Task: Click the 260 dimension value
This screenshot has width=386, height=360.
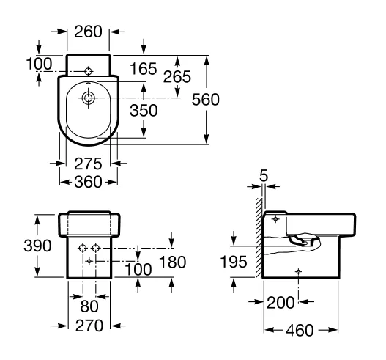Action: pyautogui.click(x=88, y=32)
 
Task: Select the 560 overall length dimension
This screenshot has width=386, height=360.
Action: pyautogui.click(x=206, y=100)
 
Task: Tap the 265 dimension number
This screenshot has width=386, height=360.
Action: pyautogui.click(x=177, y=77)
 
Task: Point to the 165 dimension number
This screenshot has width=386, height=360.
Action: pyautogui.click(x=144, y=68)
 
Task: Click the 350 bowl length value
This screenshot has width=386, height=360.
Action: pyautogui.click(x=144, y=110)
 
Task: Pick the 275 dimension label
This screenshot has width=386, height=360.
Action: pyautogui.click(x=88, y=164)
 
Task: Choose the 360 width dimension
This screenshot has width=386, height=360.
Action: pyautogui.click(x=88, y=182)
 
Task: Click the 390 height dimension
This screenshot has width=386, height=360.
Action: pyautogui.click(x=37, y=246)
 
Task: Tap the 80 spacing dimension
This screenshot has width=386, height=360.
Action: pyautogui.click(x=89, y=306)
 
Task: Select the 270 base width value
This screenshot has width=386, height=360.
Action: pyautogui.click(x=89, y=326)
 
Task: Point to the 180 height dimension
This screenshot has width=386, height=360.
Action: pyautogui.click(x=173, y=262)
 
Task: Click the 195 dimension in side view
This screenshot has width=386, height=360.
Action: pyautogui.click(x=234, y=262)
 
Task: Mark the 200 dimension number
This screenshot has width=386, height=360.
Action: pyautogui.click(x=281, y=303)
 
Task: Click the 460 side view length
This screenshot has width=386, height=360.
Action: pyautogui.click(x=300, y=330)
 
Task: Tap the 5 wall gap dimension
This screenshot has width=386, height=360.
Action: pyautogui.click(x=264, y=176)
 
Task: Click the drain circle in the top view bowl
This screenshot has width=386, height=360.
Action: pyautogui.click(x=88, y=98)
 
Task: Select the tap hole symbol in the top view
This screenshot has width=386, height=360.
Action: pyautogui.click(x=88, y=71)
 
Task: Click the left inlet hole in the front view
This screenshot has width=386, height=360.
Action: pyautogui.click(x=83, y=248)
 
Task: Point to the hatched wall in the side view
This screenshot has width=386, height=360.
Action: pyautogui.click(x=259, y=238)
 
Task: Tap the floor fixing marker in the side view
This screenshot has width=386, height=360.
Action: pyautogui.click(x=298, y=272)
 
